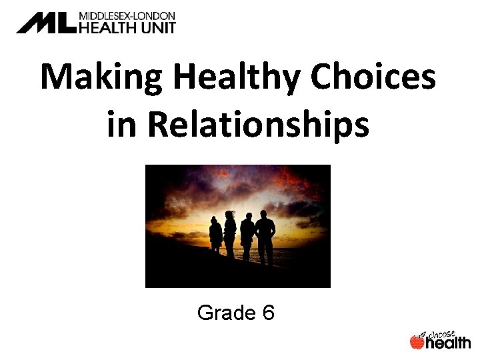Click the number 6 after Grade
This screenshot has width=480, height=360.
click(267, 313)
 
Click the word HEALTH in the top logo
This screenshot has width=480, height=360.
click(106, 28)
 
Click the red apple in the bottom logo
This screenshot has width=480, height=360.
click(417, 342)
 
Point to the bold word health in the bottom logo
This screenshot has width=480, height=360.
click(448, 343)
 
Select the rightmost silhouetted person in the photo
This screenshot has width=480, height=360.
click(265, 237)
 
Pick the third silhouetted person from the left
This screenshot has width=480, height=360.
click(247, 237)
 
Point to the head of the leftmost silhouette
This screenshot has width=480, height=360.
click(215, 221)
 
